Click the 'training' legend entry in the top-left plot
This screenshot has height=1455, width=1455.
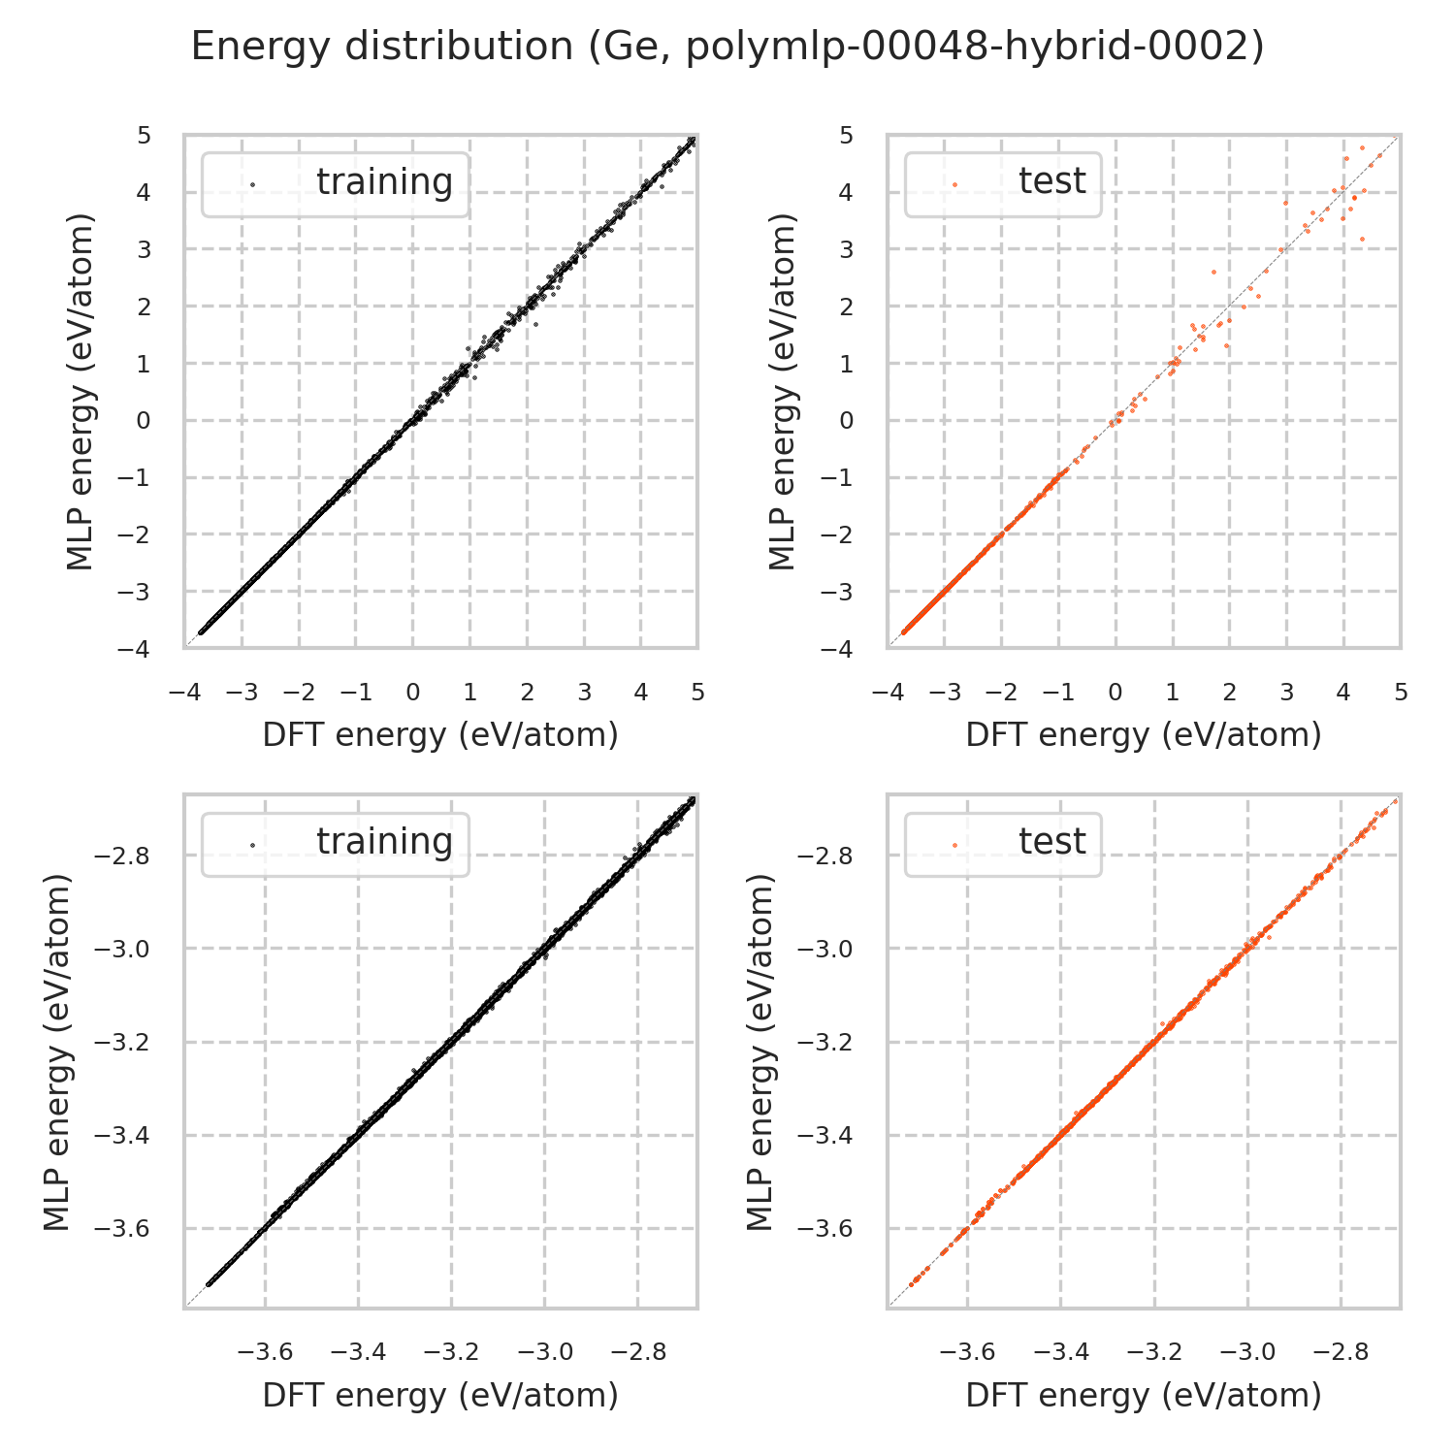pyautogui.click(x=384, y=182)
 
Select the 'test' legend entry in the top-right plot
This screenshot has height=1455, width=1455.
pyautogui.click(x=1051, y=181)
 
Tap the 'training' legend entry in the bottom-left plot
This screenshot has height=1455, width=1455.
pyautogui.click(x=384, y=842)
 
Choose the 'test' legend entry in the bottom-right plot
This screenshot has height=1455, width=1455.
pyautogui.click(x=1051, y=842)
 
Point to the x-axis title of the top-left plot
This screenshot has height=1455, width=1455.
pyautogui.click(x=440, y=735)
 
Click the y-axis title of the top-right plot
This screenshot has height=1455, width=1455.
pyautogui.click(x=782, y=391)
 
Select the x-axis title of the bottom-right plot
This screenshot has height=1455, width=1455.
pyautogui.click(x=1144, y=1395)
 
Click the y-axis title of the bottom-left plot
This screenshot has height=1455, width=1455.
pyautogui.click(x=58, y=1052)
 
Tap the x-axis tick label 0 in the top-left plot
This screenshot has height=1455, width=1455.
pyautogui.click(x=413, y=693)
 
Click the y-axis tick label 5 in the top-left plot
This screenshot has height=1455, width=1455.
pyautogui.click(x=145, y=135)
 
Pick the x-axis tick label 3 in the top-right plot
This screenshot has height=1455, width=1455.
pyautogui.click(x=1286, y=693)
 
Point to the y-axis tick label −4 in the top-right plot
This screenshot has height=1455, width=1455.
pyautogui.click(x=840, y=648)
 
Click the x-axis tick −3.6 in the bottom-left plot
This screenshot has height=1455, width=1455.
pyautogui.click(x=265, y=1352)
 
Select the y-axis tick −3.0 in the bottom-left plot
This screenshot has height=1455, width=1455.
pyautogui.click(x=122, y=950)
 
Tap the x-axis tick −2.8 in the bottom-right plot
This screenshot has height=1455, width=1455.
pyautogui.click(x=1342, y=1352)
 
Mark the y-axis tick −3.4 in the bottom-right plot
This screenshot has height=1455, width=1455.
pyautogui.click(x=825, y=1136)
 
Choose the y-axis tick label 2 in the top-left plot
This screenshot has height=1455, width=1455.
pyautogui.click(x=145, y=307)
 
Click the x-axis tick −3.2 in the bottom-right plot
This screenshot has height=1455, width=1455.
pyautogui.click(x=1154, y=1352)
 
